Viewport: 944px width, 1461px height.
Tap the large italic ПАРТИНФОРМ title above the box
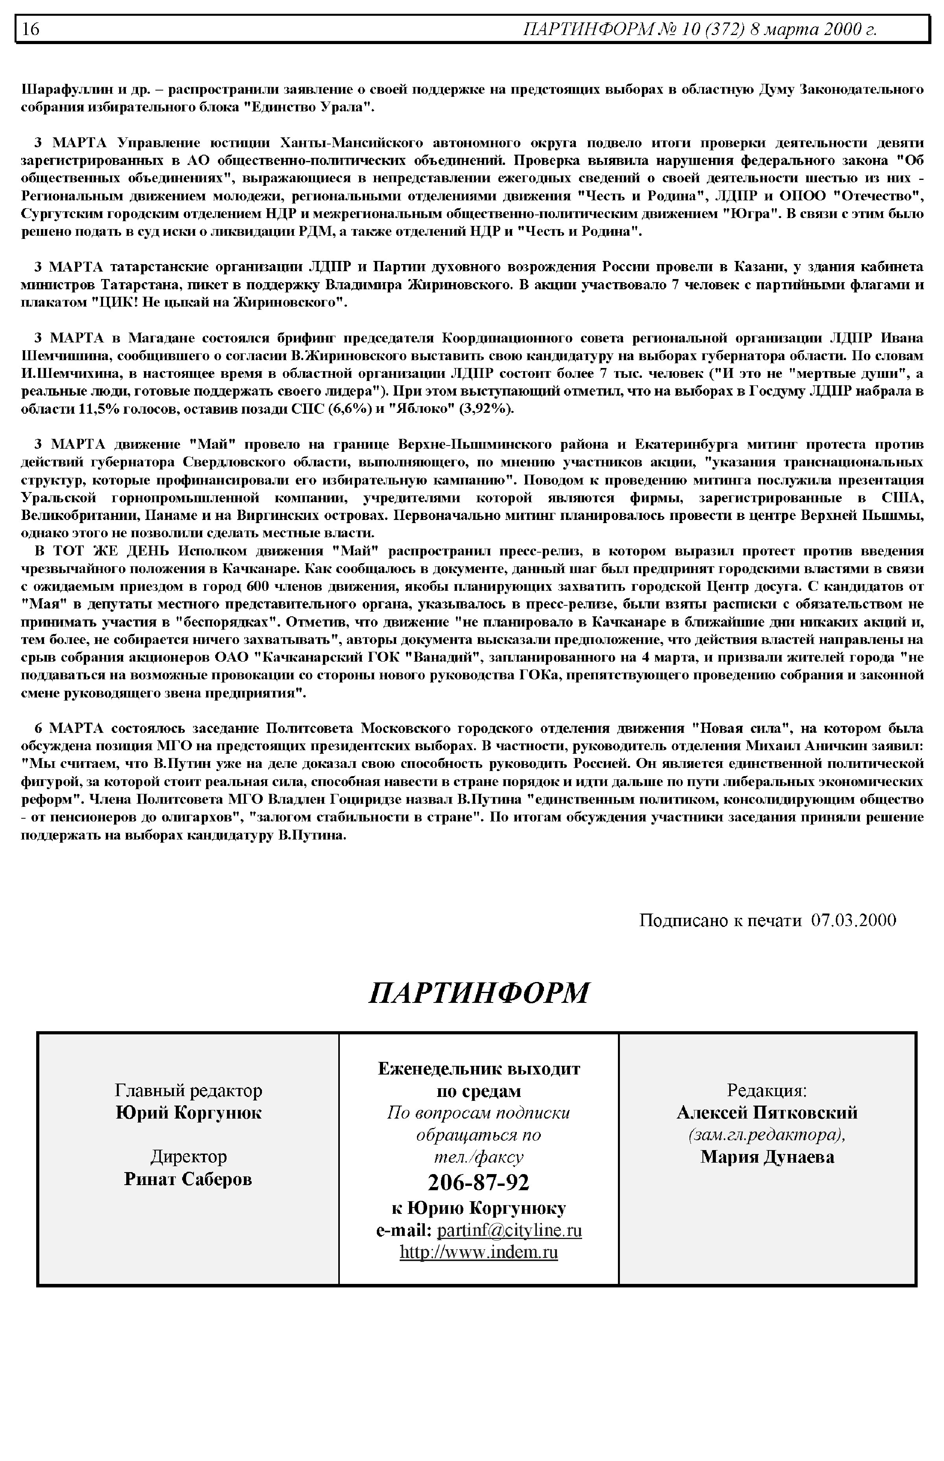tap(479, 992)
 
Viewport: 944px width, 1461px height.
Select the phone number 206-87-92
tap(478, 1182)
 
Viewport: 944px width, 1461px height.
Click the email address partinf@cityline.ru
tap(509, 1230)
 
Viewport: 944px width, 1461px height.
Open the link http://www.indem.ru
tap(479, 1252)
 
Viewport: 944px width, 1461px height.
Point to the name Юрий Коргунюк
tap(188, 1113)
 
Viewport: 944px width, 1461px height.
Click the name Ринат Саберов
tap(188, 1179)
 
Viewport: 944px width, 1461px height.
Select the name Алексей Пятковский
tap(767, 1113)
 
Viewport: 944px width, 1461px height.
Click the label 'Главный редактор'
tap(188, 1091)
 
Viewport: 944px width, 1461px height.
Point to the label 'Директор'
tap(188, 1157)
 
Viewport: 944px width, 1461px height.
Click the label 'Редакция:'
tap(767, 1091)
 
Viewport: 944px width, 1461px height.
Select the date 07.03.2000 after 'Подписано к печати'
tap(853, 920)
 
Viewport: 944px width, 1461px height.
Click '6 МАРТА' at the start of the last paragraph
tap(69, 728)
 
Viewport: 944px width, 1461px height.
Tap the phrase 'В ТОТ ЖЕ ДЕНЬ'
tap(92, 551)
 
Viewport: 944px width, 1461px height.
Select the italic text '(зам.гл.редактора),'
tap(767, 1135)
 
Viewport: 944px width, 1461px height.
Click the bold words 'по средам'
tap(479, 1091)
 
